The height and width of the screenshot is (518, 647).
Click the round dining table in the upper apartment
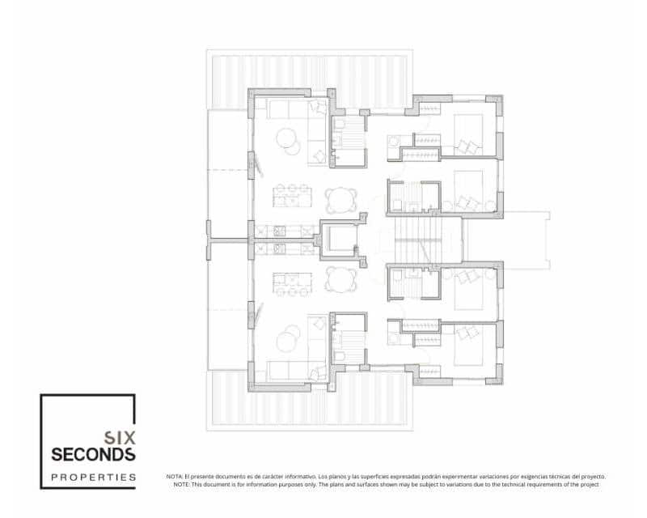pos(341,199)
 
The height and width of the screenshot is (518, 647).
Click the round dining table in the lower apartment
pos(341,279)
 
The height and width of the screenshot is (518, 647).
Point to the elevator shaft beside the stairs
pos(343,240)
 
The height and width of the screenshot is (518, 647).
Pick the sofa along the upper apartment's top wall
pos(288,109)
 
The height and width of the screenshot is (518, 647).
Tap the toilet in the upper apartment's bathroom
pos(340,124)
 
